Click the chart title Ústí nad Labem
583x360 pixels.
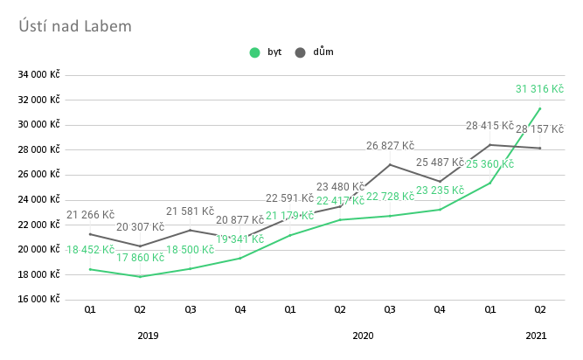pos(75,26)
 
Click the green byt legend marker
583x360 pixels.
pos(255,52)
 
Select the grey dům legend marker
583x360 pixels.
pos(301,52)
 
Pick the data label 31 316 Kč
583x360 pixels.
pos(539,89)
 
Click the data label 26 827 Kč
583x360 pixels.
pos(390,146)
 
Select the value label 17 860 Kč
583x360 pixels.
pos(140,258)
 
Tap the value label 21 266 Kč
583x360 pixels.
pos(90,215)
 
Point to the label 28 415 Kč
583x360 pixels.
pos(489,126)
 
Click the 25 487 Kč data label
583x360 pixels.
pos(440,163)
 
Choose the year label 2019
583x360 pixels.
pos(148,335)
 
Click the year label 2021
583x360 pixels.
pos(537,335)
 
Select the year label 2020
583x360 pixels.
pos(363,335)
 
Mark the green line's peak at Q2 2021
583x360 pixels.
pos(540,108)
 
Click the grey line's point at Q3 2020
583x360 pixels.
pos(390,164)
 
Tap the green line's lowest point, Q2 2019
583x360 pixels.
pos(140,276)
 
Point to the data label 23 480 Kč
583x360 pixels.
pos(340,186)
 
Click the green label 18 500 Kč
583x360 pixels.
pos(190,250)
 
